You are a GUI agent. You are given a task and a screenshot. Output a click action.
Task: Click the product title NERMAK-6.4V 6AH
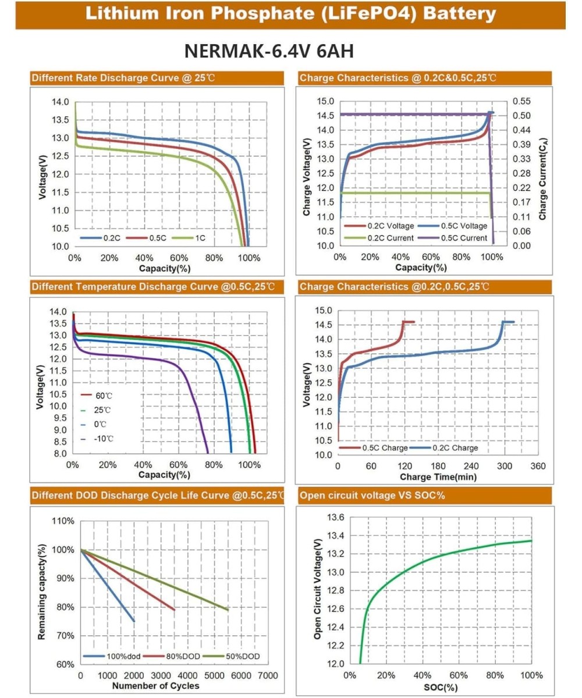(x=269, y=51)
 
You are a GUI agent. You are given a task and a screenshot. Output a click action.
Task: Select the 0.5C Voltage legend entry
(x=461, y=226)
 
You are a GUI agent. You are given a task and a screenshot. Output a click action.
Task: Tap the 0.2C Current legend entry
(x=390, y=238)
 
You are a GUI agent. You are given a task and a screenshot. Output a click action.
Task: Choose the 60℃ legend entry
(x=104, y=396)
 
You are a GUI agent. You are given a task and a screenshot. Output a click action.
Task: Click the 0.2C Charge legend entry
(x=455, y=448)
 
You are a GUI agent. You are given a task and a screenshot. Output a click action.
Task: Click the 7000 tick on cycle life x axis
(x=268, y=676)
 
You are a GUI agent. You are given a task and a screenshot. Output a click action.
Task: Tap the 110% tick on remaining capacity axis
(x=64, y=521)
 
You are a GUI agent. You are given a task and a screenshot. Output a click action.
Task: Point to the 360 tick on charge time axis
(x=538, y=466)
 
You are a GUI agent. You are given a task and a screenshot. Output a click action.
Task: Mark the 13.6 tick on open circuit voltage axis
(x=336, y=518)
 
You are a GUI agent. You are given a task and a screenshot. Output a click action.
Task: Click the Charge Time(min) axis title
(x=438, y=477)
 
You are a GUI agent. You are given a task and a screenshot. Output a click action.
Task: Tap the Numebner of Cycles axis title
(x=155, y=686)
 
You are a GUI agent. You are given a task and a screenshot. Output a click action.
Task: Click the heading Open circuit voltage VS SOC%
(x=372, y=496)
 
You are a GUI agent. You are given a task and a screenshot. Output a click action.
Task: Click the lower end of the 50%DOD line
(x=228, y=610)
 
